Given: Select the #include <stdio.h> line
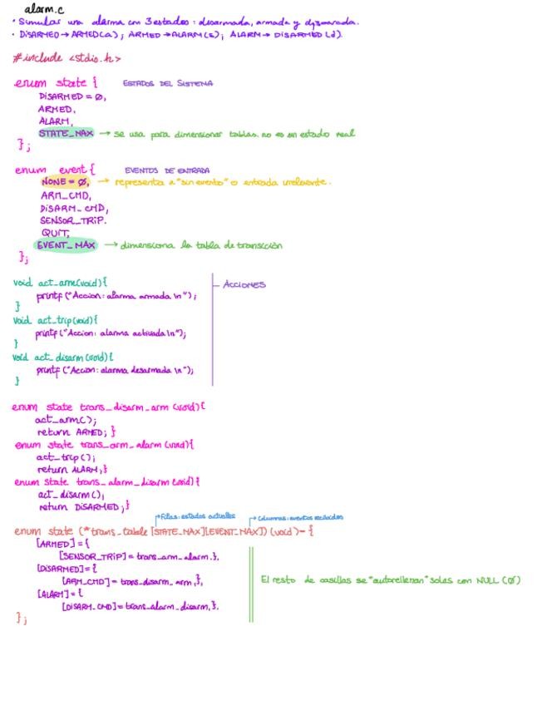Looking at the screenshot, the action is [x=67, y=58].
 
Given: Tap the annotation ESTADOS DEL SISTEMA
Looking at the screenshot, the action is [x=167, y=84].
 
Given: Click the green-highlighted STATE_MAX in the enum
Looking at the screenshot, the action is [x=66, y=133].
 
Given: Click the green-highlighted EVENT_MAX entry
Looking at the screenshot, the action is [x=66, y=245].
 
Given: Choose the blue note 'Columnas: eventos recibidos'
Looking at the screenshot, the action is [x=298, y=517].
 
